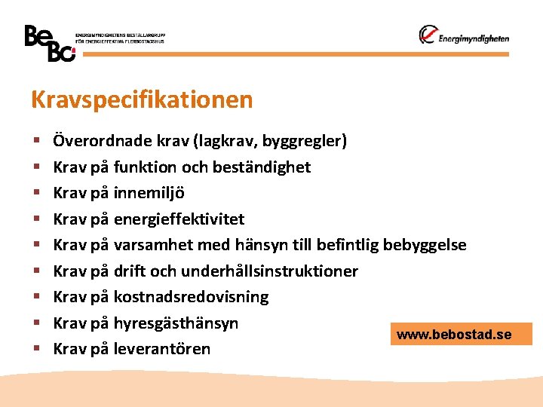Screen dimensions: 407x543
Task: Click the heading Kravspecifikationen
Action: pos(142,99)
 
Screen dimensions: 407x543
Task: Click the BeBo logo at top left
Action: pos(50,44)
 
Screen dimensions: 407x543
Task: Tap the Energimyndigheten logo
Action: pos(464,36)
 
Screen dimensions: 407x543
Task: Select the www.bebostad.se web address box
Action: pos(461,334)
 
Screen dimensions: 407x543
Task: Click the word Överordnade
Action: pos(101,140)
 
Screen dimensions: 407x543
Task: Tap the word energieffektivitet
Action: pos(179,219)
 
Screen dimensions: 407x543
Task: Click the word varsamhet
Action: pos(154,245)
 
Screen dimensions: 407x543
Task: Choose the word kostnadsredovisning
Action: pos(191,297)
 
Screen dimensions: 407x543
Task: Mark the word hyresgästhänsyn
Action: pos(176,323)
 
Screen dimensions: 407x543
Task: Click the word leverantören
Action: pos(162,349)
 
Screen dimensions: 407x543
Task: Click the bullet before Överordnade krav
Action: pos(35,141)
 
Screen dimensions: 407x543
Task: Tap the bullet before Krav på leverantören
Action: pos(35,350)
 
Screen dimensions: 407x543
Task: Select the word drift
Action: pos(129,271)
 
